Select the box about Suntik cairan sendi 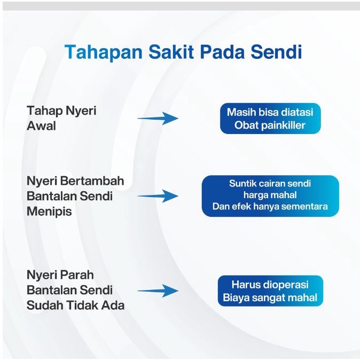pyautogui.click(x=270, y=195)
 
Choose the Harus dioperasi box pyautogui.click(x=270, y=291)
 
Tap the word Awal pyautogui.click(x=41, y=127)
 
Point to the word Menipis pyautogui.click(x=49, y=211)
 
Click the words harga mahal pyautogui.click(x=270, y=195)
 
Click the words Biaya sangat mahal pyautogui.click(x=270, y=298)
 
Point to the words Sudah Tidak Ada pyautogui.click(x=75, y=306)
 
